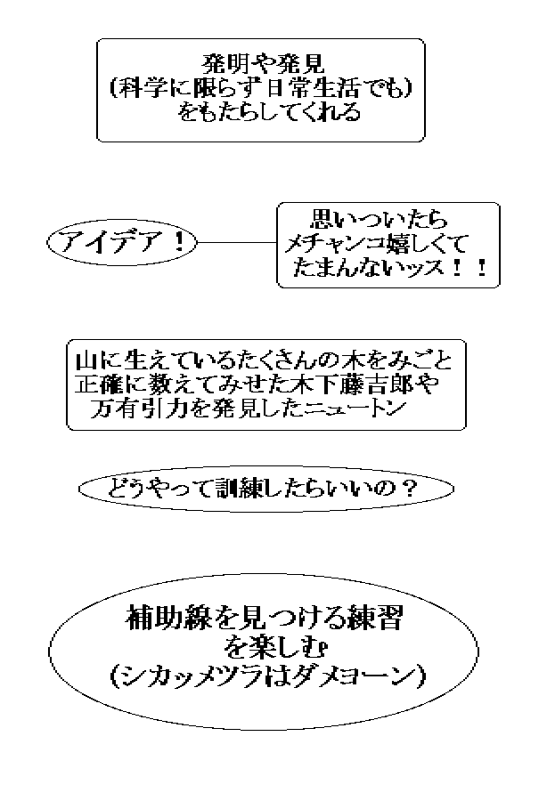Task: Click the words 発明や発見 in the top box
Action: (263, 64)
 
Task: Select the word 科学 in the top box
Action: (143, 88)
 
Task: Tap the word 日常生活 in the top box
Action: (314, 88)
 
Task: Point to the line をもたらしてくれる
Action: (269, 111)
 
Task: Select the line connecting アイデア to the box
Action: (237, 242)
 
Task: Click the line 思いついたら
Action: (379, 220)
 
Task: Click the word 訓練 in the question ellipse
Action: (236, 489)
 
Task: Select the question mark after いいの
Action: (406, 489)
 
